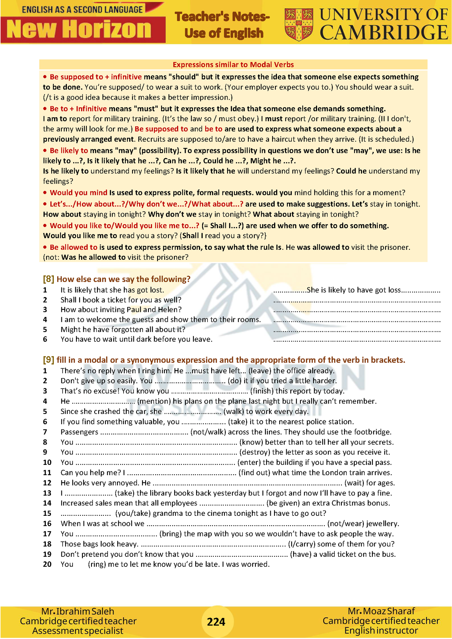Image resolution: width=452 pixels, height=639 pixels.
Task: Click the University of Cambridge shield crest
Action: [x=299, y=24]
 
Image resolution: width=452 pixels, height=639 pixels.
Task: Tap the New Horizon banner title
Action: [x=79, y=30]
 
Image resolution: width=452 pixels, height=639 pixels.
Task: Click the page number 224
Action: [x=216, y=621]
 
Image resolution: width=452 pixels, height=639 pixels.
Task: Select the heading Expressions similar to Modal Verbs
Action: [x=233, y=65]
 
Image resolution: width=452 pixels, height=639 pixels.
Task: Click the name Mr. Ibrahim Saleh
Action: [x=78, y=611]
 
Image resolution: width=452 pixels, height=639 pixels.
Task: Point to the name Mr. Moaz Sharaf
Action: [x=381, y=611]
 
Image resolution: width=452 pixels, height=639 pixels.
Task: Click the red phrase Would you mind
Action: [x=79, y=193]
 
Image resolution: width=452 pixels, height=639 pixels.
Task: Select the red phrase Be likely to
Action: [x=69, y=151]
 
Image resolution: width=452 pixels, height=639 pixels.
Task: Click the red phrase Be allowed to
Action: [x=74, y=247]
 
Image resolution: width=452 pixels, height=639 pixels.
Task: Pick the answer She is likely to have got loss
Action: [x=354, y=290]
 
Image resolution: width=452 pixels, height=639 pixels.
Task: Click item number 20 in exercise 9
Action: [x=47, y=564]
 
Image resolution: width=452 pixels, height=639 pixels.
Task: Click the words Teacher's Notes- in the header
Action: [x=222, y=17]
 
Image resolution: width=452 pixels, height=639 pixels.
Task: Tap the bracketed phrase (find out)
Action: [x=254, y=473]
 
